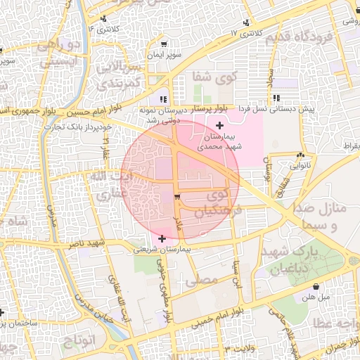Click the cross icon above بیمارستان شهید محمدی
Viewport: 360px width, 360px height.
[220, 124]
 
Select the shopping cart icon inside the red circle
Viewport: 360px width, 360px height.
[176, 196]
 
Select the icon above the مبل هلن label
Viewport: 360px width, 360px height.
[316, 286]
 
